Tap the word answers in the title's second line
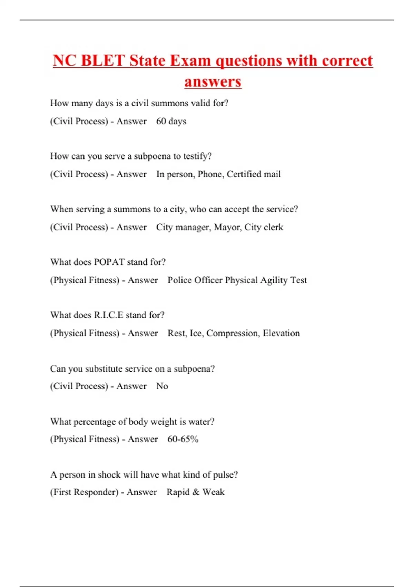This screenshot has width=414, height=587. click(213, 82)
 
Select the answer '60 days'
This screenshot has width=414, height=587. click(171, 121)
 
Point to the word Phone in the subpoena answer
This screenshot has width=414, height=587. click(210, 174)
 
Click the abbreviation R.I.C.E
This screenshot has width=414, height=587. click(108, 315)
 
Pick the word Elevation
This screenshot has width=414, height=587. click(281, 333)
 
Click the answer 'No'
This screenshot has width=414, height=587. click(162, 386)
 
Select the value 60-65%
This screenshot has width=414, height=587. click(183, 439)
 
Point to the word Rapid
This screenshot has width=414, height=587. click(178, 492)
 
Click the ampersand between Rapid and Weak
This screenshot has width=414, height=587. click(196, 492)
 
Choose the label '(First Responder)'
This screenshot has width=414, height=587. click(84, 492)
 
